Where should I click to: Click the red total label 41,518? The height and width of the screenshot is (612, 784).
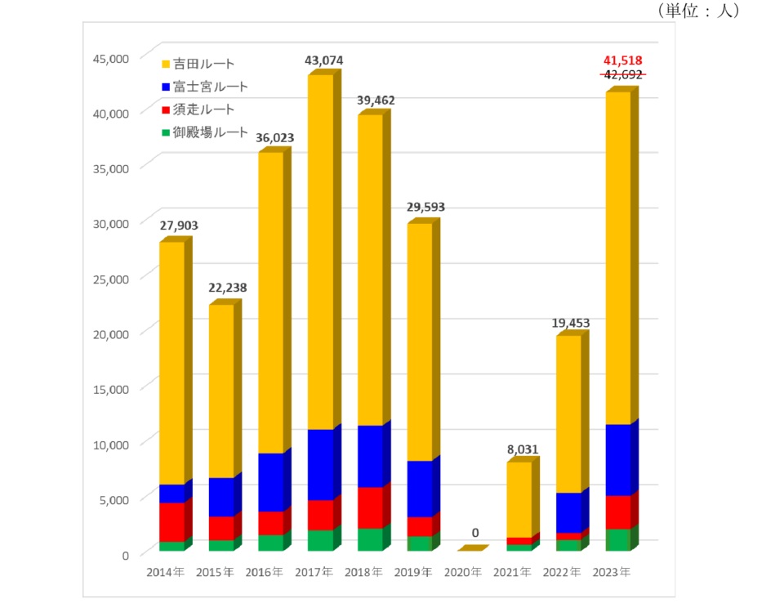point(622,60)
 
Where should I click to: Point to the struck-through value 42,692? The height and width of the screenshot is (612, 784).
point(622,74)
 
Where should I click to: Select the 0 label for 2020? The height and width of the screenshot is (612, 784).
point(474,533)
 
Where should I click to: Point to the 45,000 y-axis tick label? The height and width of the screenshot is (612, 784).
point(110,58)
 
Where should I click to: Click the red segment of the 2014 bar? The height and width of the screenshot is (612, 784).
point(171,521)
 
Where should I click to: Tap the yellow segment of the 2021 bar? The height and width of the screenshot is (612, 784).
point(519,498)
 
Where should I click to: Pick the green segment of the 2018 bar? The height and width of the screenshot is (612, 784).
point(370,539)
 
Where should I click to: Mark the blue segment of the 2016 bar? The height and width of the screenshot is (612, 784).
point(270,482)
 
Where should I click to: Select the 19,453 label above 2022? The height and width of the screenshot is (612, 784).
point(569,324)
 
